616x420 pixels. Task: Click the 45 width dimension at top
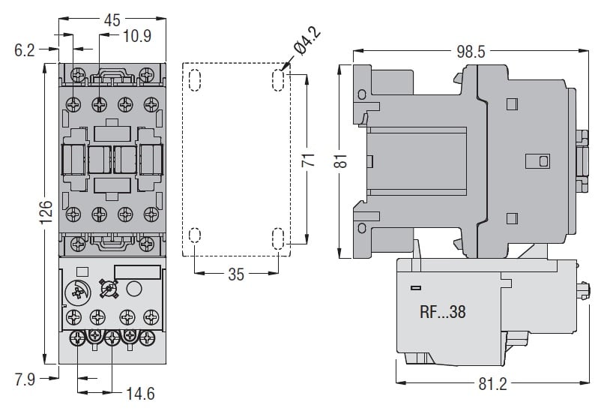(112, 20)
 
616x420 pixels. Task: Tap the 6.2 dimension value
(25, 50)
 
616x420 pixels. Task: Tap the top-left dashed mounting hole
(195, 80)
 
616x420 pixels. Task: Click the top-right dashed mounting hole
(278, 80)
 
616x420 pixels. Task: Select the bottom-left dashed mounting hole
(195, 237)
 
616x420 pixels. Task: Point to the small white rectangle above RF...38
(414, 288)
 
